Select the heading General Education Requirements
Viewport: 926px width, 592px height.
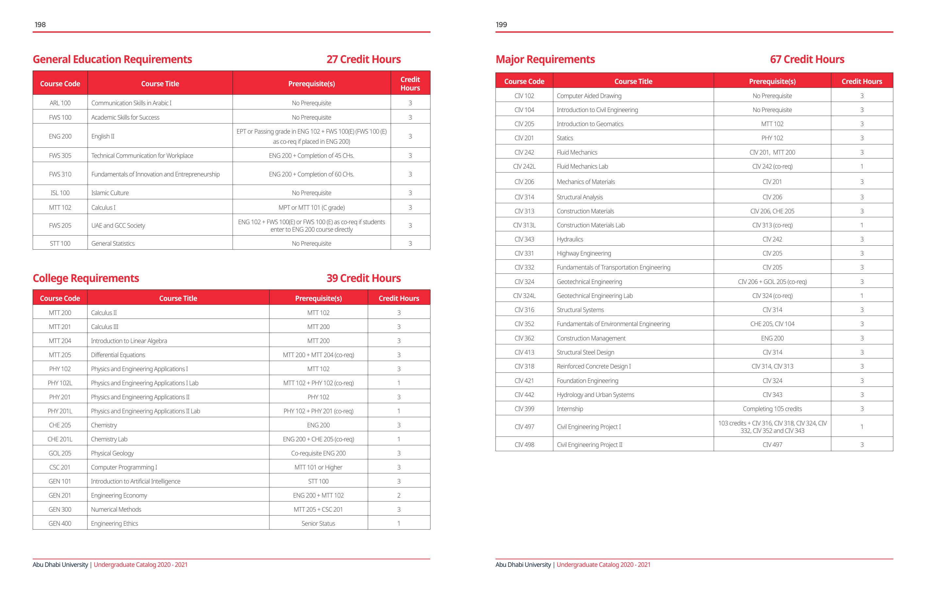pos(112,59)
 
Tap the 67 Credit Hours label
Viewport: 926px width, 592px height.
pos(807,59)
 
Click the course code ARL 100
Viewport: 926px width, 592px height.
pos(60,103)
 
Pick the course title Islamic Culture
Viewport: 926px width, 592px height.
pos(110,193)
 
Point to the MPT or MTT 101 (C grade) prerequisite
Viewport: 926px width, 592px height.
pos(312,208)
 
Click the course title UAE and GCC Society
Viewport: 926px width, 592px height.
pos(118,225)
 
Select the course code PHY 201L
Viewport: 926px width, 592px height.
pos(60,411)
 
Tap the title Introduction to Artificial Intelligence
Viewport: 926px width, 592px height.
pos(135,481)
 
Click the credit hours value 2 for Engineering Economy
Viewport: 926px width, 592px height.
pos(399,495)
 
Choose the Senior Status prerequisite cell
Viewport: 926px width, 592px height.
pos(318,523)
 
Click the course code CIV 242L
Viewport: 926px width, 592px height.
pos(524,167)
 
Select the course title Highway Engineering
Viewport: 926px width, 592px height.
pos(584,254)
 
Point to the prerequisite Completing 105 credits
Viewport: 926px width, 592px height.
pos(772,409)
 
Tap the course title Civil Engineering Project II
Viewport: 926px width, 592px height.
pos(590,445)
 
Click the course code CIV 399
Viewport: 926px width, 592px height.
pos(524,409)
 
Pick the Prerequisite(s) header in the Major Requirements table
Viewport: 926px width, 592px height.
pos(772,82)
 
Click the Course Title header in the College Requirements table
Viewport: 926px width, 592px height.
pos(178,299)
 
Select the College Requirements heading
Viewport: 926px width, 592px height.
pos(86,278)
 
